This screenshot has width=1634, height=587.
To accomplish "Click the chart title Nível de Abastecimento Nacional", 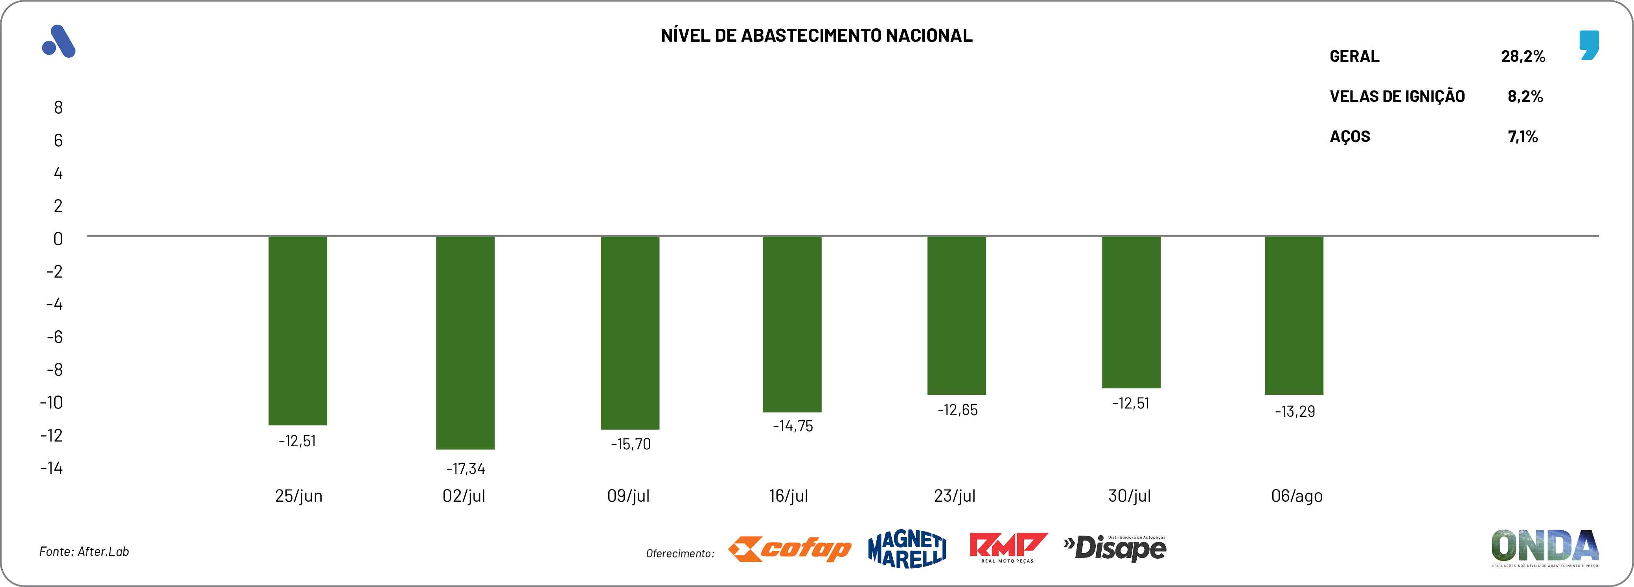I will click(816, 35).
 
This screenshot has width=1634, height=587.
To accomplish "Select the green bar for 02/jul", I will click(465, 343).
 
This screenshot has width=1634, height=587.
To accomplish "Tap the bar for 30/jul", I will click(1131, 312).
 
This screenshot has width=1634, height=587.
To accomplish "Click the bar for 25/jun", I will click(298, 330).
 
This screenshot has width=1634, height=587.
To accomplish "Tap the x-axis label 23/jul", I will click(955, 496).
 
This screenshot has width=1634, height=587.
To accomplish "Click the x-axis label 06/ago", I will click(1297, 496).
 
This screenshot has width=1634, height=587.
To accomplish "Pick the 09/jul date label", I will click(628, 496).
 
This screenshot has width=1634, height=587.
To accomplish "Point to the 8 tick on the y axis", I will click(58, 108).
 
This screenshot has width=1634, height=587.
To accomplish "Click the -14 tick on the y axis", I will click(52, 468).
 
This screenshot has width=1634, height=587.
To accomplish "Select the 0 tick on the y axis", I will click(58, 239).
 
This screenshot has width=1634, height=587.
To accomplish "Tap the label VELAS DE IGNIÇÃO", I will click(1397, 96).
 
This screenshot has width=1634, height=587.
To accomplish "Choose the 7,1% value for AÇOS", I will click(1522, 136).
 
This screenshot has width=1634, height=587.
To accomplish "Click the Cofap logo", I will click(790, 549).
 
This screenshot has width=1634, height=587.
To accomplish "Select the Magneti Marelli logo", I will click(907, 549).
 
